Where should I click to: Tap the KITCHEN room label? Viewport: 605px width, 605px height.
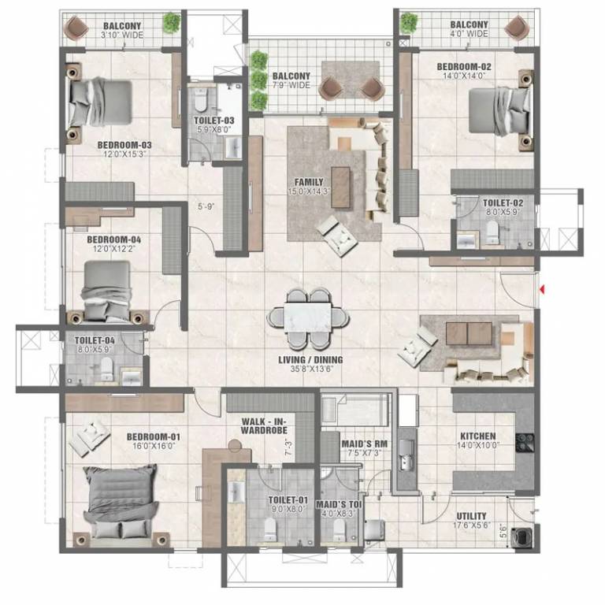477,436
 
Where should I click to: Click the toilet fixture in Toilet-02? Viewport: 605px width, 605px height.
493,229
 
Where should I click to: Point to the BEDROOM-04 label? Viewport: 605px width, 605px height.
113,239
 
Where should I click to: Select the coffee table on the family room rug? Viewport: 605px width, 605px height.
340,186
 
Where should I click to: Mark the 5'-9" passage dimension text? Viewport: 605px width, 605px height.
206,208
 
